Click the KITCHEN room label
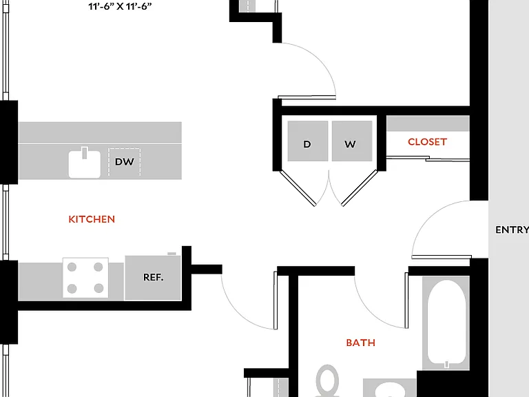(x=92, y=219)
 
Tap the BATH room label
(x=361, y=343)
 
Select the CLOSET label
(x=427, y=142)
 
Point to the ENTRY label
(x=512, y=230)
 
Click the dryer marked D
(x=308, y=141)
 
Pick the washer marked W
(x=352, y=141)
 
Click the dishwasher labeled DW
(x=124, y=162)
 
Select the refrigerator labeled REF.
(x=153, y=278)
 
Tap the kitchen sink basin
(x=85, y=165)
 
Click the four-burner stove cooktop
(x=85, y=278)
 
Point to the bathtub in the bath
(x=446, y=323)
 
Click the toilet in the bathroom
(x=327, y=380)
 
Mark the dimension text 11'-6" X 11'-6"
(x=120, y=6)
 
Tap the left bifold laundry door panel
(x=298, y=188)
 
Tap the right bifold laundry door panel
(x=360, y=188)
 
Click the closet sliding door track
(x=428, y=159)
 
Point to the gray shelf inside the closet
(x=428, y=123)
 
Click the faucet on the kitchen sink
(x=85, y=152)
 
